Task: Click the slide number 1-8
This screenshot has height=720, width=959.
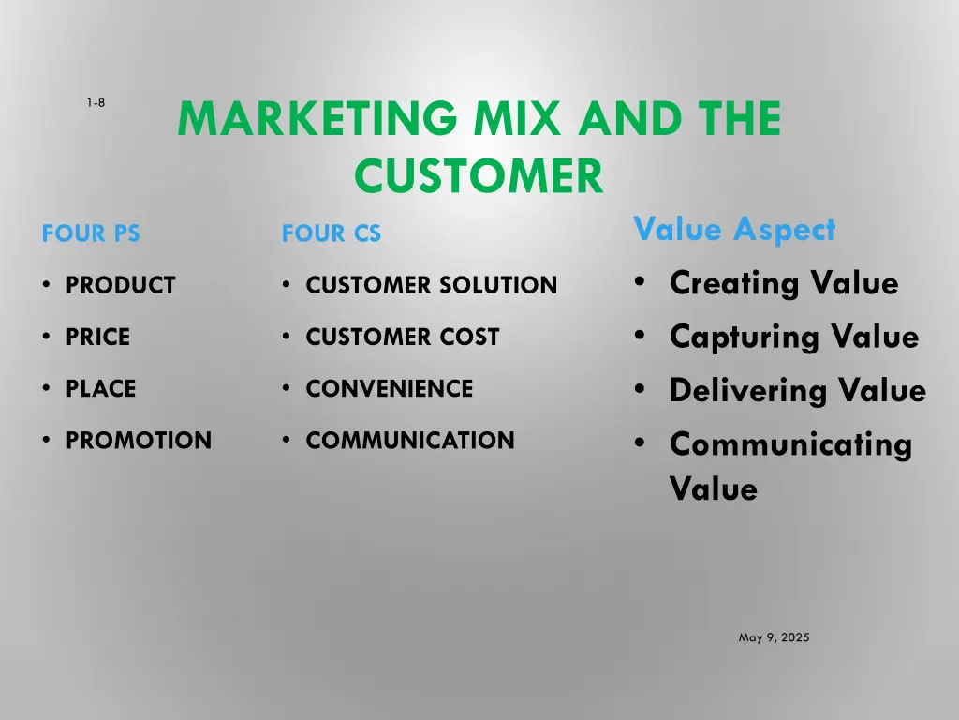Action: point(96,103)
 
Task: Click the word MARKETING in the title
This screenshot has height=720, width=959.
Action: point(316,120)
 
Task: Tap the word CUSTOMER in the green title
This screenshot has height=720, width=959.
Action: point(479,175)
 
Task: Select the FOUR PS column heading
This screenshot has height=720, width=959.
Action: point(91,234)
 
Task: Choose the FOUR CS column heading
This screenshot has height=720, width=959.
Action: point(332,234)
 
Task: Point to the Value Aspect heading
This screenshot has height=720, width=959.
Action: point(734,229)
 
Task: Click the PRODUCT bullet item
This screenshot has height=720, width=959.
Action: point(120,285)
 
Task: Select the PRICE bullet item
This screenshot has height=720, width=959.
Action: point(97,337)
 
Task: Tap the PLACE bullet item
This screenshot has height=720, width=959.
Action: point(100,388)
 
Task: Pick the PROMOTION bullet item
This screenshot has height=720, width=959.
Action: point(139,440)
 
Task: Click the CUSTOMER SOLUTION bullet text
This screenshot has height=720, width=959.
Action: point(431,285)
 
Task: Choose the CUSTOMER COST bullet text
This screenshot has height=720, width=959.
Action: point(403,337)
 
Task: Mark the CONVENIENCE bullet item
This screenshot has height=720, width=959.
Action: point(389,388)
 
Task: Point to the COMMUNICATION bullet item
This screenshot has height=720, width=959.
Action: point(410,440)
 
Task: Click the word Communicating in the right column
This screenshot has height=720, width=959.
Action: point(790,444)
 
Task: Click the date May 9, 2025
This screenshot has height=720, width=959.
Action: point(774,637)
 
